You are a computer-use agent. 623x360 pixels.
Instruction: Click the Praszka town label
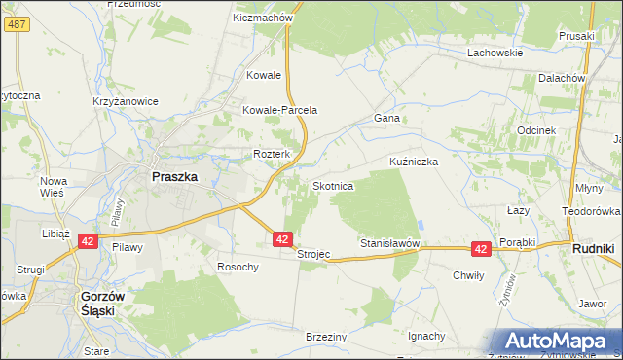[x=174, y=177]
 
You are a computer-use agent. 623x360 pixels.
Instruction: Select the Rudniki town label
[x=591, y=249]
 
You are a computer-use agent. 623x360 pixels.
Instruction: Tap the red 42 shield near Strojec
[x=281, y=238]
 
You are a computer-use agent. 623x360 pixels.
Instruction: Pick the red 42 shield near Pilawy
[x=87, y=240]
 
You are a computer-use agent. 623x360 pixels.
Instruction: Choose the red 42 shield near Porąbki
[x=481, y=249]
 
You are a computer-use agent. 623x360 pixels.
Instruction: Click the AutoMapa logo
[x=558, y=341]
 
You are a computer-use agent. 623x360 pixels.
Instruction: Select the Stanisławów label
[x=389, y=242]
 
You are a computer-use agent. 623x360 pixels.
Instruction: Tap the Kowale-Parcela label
[x=280, y=110]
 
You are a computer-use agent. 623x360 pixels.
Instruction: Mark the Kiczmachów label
[x=264, y=18]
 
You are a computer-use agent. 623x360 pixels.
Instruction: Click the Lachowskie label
[x=495, y=53]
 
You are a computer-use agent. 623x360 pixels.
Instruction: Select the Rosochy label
[x=238, y=267]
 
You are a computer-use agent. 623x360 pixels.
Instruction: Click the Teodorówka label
[x=592, y=211]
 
